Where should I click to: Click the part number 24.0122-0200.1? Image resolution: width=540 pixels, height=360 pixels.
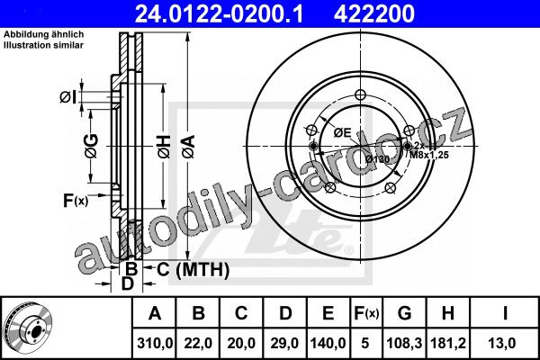point(219,13)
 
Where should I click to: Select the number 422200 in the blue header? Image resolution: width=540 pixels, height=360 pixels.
point(374,13)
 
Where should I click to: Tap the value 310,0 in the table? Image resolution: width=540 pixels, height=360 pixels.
point(155,343)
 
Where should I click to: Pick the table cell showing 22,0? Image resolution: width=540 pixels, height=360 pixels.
point(198,343)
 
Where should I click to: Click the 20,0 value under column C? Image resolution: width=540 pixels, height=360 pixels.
point(241,343)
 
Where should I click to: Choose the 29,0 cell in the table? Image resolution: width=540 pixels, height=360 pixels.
point(284,343)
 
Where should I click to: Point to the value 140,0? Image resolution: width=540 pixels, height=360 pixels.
point(328,343)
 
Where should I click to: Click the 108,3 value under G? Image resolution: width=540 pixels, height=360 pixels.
point(404,343)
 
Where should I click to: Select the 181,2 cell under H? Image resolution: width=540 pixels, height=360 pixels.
point(447,343)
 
